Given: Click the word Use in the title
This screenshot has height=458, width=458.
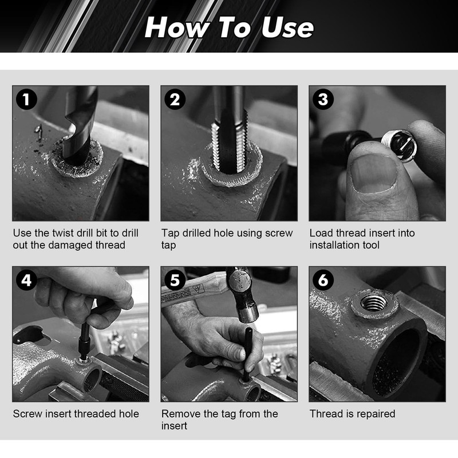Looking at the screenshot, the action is coord(288,27).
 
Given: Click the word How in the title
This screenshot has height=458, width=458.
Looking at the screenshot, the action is coord(177,27).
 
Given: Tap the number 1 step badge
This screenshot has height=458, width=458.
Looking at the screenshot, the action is coord(26,99).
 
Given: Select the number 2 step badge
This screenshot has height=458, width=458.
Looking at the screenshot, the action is coord(175,99).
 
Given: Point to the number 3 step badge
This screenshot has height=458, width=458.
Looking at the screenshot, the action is coord(323,99).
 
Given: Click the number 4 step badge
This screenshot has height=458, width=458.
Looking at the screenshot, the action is coord(26,280).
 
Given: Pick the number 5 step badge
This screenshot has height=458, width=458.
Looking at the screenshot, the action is coord(175,280).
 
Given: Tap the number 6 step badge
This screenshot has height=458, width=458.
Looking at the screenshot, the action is coord(323,280).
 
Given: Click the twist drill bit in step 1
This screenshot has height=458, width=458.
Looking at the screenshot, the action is coord(80,125).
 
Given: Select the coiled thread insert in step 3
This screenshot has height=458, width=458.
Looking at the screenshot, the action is coord(400,145).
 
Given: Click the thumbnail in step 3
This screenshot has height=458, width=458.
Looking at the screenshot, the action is coord(374,174).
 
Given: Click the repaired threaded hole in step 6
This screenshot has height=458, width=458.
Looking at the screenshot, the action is coord(374,303).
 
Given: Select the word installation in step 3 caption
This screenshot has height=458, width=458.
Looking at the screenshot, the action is coord(334,245).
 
